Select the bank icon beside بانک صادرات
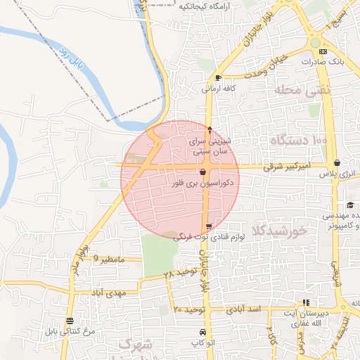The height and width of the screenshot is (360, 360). (323, 51)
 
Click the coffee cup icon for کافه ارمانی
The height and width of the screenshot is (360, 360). (219, 78)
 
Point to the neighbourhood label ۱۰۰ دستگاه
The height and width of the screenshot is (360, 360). (298, 141)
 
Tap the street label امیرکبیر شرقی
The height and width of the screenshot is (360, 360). (286, 168)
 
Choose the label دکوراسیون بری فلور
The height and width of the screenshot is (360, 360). (202, 182)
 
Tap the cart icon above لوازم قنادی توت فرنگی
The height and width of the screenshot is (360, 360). (209, 226)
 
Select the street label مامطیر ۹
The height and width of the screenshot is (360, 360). (109, 260)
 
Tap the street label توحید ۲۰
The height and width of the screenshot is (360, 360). (188, 309)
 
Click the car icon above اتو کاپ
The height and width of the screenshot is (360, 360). (202, 332)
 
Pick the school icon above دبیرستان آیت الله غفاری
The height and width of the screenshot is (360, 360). (305, 303)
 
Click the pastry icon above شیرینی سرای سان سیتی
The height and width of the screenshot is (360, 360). (210, 129)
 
